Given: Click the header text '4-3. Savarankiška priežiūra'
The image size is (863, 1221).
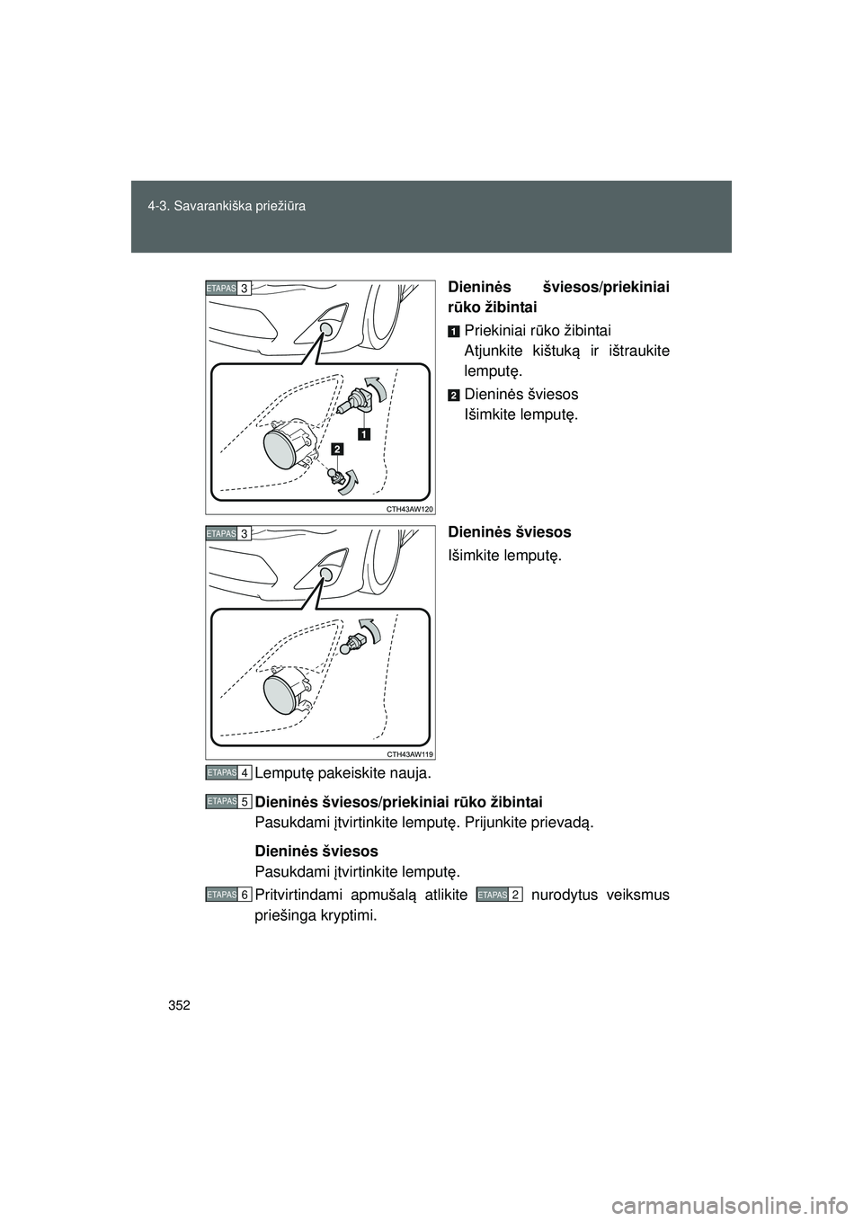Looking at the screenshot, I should [227, 207].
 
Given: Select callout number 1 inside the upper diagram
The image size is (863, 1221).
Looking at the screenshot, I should [364, 434].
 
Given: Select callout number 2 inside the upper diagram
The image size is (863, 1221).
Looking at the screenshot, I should [336, 448].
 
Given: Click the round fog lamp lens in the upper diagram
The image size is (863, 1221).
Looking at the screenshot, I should [284, 450].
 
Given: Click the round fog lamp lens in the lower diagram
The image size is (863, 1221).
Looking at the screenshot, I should [284, 695].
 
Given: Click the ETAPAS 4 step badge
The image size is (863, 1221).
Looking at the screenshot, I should [227, 772].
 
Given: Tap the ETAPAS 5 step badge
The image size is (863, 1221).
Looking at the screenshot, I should [227, 800].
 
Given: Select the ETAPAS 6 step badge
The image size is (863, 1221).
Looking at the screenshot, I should [227, 895].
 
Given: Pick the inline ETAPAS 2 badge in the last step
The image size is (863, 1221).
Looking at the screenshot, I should [500, 895].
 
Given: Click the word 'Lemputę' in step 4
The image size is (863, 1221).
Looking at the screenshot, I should [282, 773].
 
